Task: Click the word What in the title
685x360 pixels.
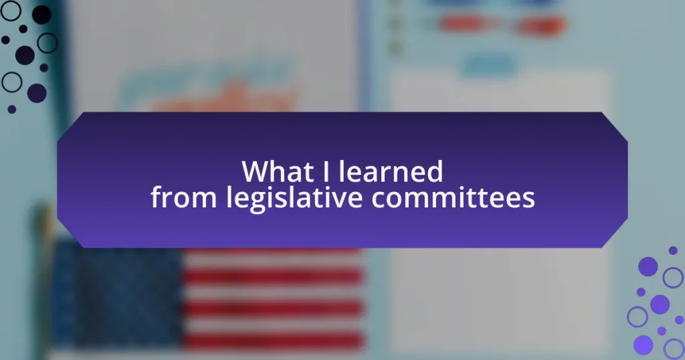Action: [x=280, y=171]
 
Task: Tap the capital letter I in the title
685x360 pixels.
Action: [x=326, y=171]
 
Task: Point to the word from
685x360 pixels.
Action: [x=183, y=197]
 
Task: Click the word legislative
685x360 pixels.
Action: [x=294, y=199]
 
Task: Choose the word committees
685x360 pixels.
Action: [x=453, y=197]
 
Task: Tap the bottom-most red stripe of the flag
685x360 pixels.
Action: [x=273, y=341]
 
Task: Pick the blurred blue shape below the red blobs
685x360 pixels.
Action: [x=489, y=65]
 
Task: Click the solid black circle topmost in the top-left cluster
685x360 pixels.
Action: [x=41, y=15]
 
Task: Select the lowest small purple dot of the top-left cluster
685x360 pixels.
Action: [x=12, y=109]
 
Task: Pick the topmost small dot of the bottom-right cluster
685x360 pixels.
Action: [x=673, y=250]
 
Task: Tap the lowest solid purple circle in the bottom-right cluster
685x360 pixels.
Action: [x=643, y=345]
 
